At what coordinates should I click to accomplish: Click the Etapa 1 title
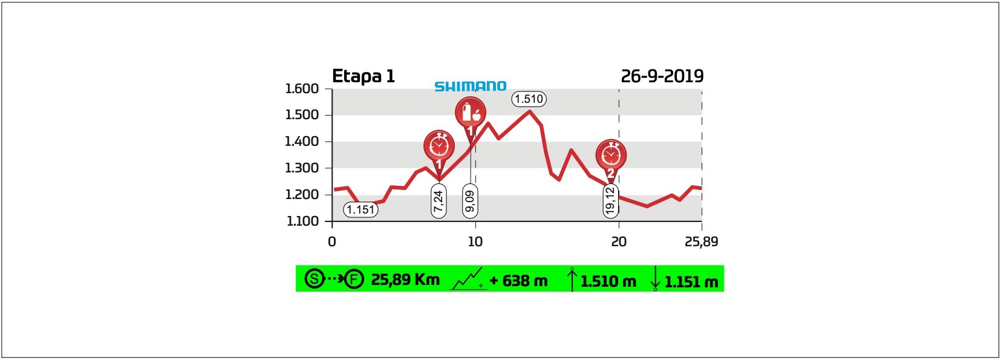363,76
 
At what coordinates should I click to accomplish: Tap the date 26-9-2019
662,76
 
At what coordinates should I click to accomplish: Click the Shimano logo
470,87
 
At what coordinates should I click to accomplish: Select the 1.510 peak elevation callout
529,99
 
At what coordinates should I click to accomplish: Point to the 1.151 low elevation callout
360,209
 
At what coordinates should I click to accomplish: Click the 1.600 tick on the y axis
302,89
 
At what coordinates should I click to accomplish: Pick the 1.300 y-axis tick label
302,168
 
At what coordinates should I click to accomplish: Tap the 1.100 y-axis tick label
302,221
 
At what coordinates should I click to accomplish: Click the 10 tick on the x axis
475,241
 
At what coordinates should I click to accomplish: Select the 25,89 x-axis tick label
701,241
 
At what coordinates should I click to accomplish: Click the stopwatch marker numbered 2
611,155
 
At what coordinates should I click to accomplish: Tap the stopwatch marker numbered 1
439,147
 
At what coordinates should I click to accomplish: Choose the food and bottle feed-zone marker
471,115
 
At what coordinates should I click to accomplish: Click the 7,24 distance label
439,200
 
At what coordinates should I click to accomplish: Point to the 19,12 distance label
610,200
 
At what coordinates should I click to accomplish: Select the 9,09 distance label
470,201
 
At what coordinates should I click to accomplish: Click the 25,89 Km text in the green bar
405,280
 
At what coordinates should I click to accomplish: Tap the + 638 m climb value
518,281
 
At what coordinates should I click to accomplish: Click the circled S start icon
314,279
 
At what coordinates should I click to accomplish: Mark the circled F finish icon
354,279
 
